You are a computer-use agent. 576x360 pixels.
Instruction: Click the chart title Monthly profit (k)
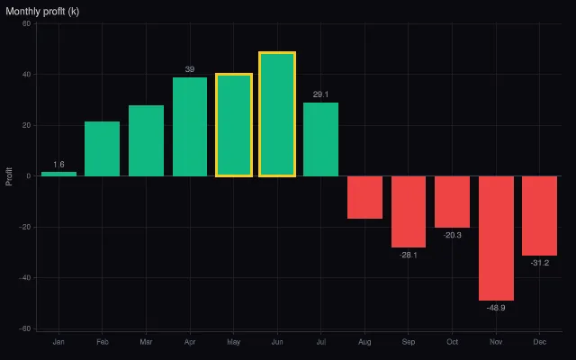coord(42,12)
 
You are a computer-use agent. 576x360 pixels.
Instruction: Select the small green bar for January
coord(58,174)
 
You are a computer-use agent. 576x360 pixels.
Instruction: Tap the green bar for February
coord(102,148)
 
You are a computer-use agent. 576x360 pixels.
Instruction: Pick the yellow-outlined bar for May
coord(234,125)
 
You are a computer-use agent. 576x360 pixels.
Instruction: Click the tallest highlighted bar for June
coord(277,114)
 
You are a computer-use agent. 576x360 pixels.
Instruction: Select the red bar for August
coord(364,197)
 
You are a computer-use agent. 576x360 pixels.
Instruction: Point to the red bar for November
coord(496,238)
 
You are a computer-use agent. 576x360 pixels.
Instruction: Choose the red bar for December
coord(540,216)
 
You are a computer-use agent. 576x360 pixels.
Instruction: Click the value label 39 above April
coord(190,69)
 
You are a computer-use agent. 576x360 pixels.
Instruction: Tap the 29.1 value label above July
coord(320,94)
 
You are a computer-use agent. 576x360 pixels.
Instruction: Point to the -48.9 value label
coord(496,308)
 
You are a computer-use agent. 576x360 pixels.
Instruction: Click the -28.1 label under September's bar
coord(409,255)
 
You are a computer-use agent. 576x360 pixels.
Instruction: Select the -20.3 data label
coord(452,235)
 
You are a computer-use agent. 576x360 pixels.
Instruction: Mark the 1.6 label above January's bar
coord(58,164)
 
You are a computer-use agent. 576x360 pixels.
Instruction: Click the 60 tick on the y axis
coord(26,23)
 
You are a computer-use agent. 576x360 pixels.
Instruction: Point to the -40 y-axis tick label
coord(25,278)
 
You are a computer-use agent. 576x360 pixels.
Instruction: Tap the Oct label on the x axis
coord(452,342)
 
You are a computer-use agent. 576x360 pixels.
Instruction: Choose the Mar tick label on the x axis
coord(146,342)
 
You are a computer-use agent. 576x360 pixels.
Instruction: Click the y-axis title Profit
coord(9,176)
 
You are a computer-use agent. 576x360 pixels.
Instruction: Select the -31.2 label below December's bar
coord(540,263)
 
